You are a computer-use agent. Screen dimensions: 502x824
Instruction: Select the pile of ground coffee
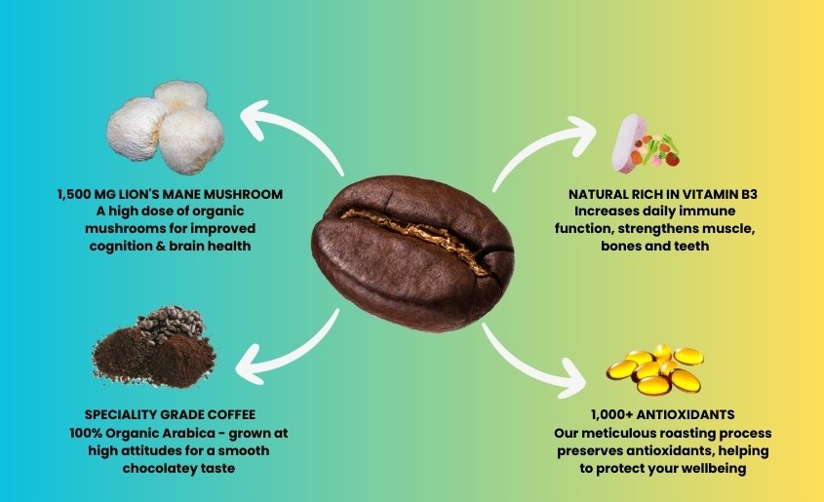point(157,350)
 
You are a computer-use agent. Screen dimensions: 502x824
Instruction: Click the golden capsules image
point(653,368)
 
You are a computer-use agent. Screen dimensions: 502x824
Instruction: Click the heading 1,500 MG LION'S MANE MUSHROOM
point(170,195)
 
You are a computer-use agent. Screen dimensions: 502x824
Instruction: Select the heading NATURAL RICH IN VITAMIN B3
point(663,195)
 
